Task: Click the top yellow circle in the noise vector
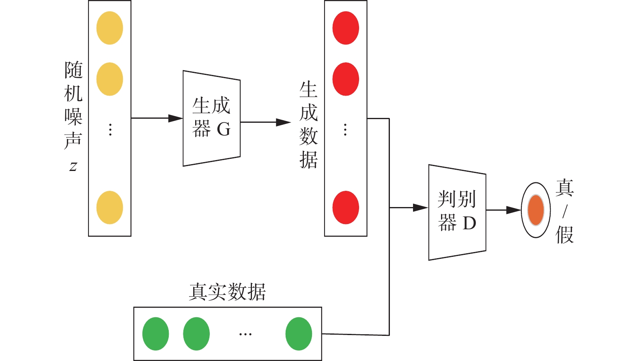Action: pyautogui.click(x=110, y=28)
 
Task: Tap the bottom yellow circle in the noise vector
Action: pyautogui.click(x=110, y=207)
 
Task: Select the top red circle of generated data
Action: pyautogui.click(x=346, y=28)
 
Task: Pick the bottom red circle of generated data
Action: pyautogui.click(x=346, y=207)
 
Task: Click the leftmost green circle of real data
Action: pyautogui.click(x=155, y=334)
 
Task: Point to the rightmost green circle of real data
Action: pyautogui.click(x=299, y=334)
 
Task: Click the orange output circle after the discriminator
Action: pyautogui.click(x=536, y=210)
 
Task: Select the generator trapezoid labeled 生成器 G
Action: pyautogui.click(x=211, y=118)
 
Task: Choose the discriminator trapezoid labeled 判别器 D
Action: pyautogui.click(x=457, y=212)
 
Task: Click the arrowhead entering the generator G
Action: pyautogui.click(x=176, y=118)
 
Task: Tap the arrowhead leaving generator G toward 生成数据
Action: pyautogui.click(x=284, y=122)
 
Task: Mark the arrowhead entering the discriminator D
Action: pyautogui.click(x=421, y=208)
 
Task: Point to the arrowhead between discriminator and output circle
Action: pyautogui.click(x=514, y=210)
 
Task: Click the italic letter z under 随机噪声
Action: pyautogui.click(x=73, y=166)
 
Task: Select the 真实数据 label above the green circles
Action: pyautogui.click(x=227, y=292)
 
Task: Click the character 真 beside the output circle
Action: pyautogui.click(x=564, y=188)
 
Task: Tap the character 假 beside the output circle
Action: pyautogui.click(x=564, y=235)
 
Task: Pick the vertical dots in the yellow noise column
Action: pyautogui.click(x=110, y=130)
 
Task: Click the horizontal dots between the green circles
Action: pyautogui.click(x=245, y=334)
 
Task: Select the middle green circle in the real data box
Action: pyautogui.click(x=196, y=334)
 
